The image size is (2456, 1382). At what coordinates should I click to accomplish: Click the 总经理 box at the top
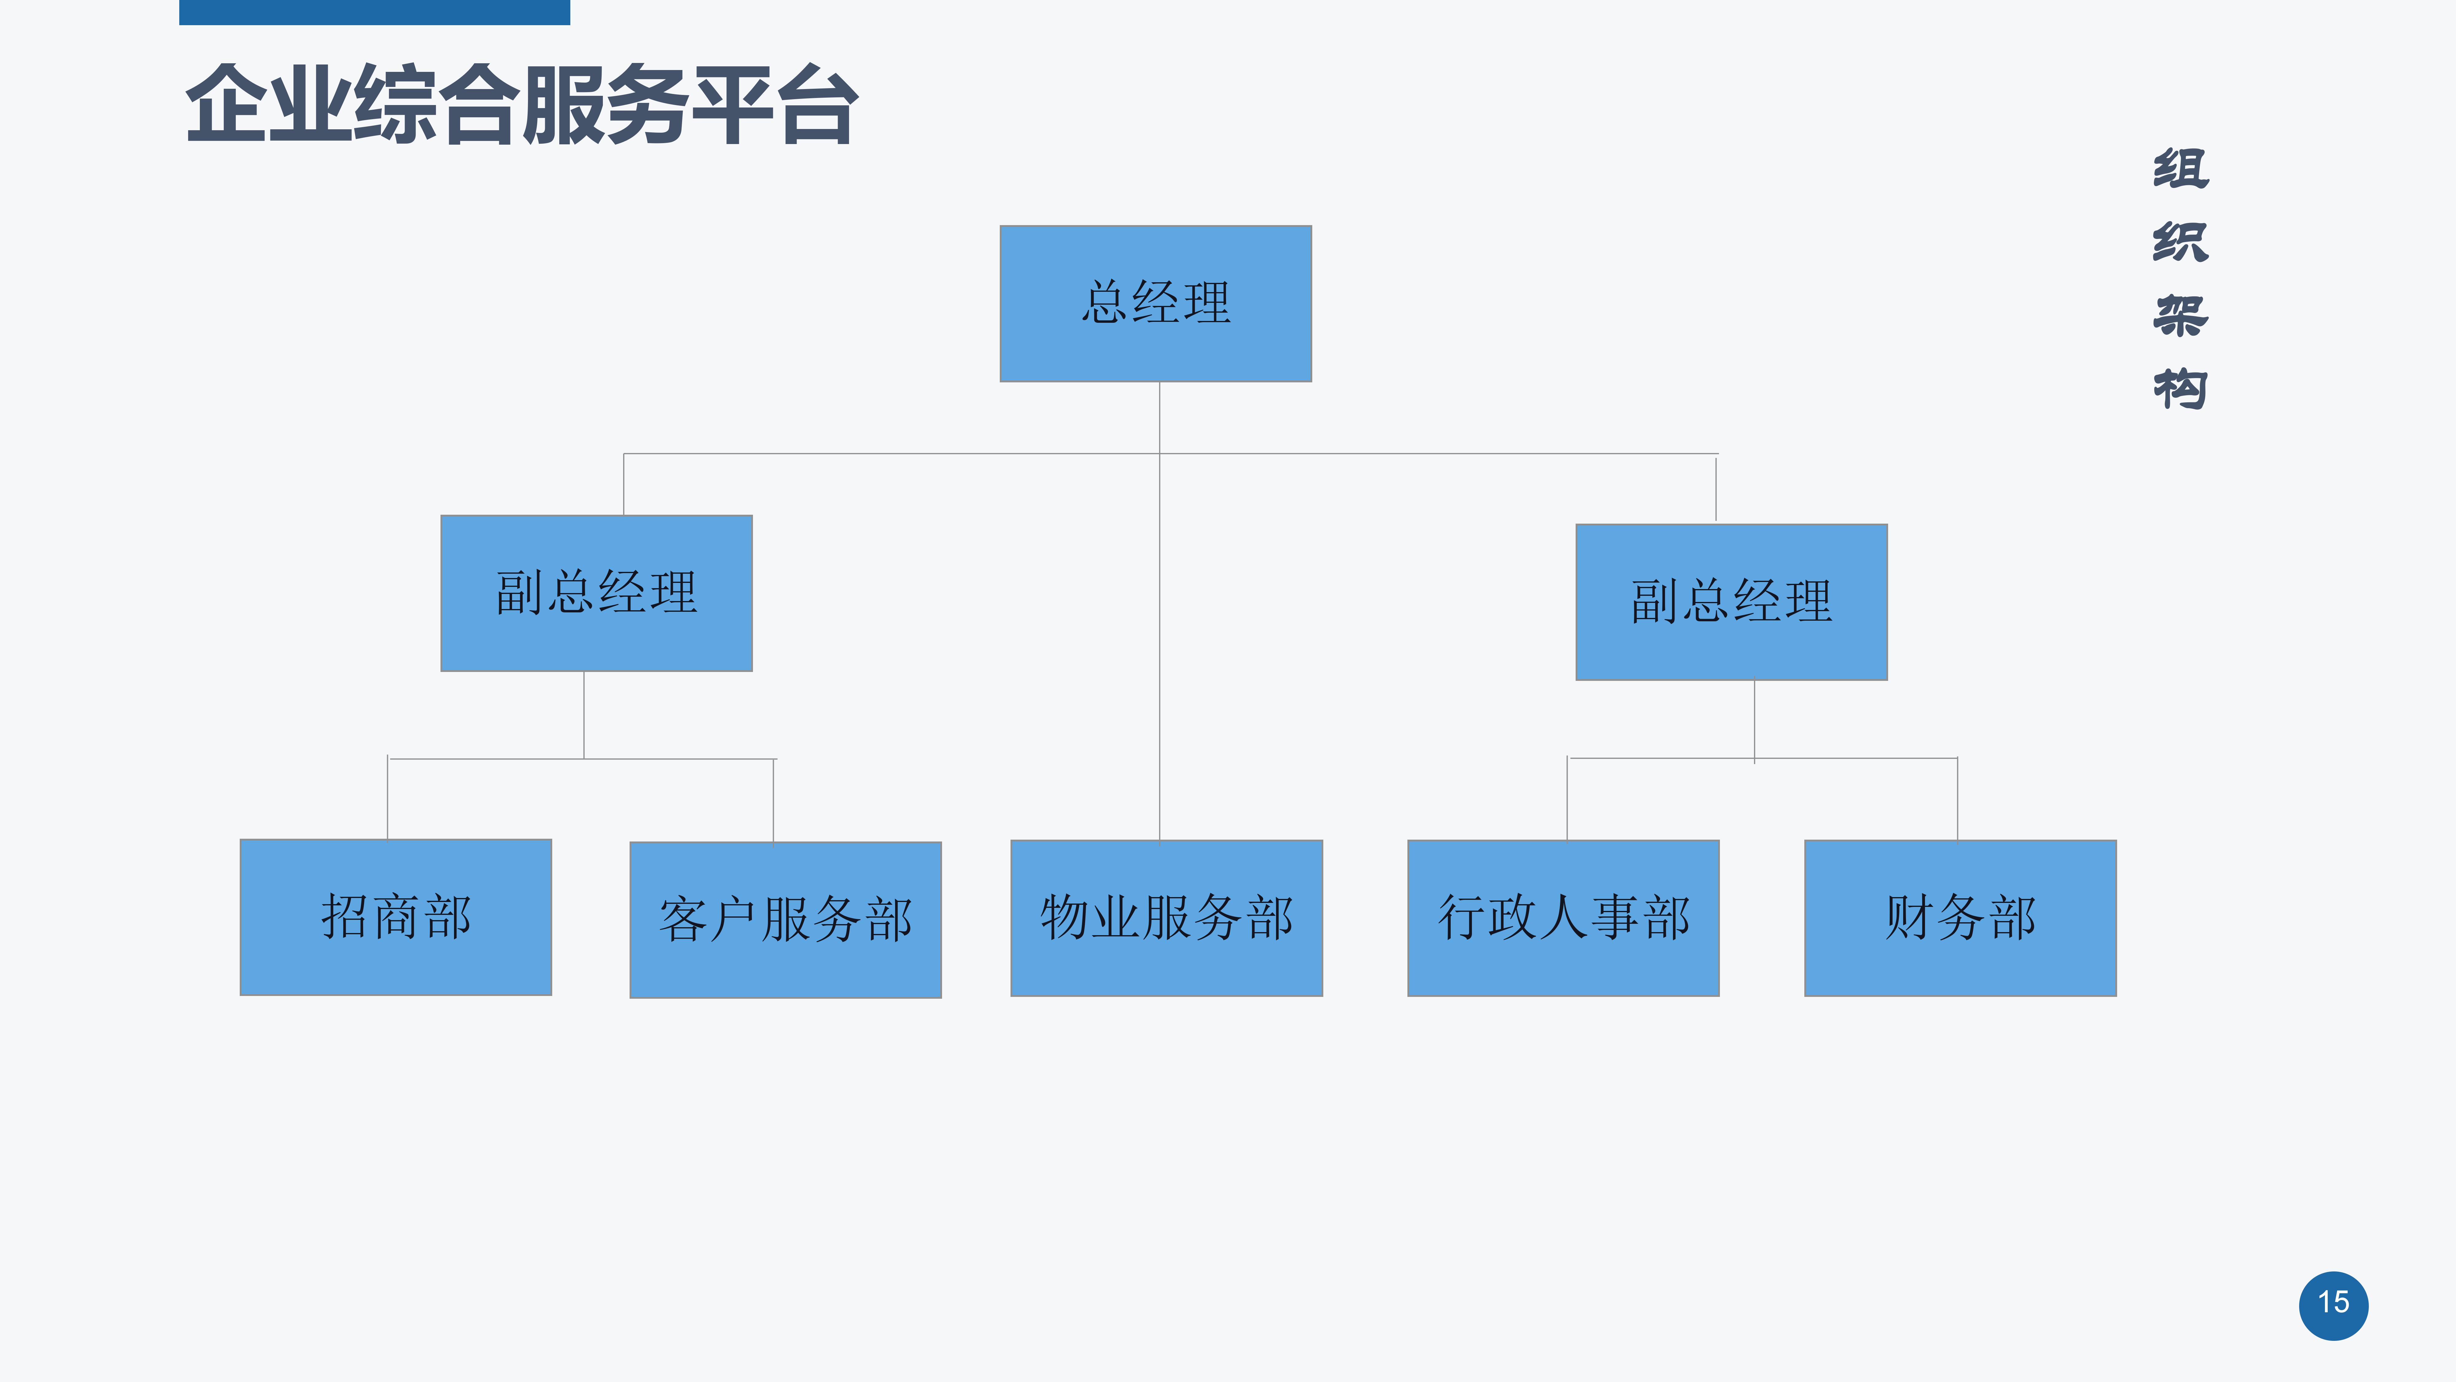coord(1155,303)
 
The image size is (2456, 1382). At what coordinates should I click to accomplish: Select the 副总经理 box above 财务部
coord(1731,602)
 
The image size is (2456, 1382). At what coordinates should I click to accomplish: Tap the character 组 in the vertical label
coord(2180,169)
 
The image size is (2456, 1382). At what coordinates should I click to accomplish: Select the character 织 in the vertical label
coord(2180,242)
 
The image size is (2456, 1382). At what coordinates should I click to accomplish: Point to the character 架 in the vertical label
coord(2180,316)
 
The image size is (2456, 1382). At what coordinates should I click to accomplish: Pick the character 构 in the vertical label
coord(2180,389)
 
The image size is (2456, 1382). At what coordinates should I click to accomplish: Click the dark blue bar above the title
coord(375,12)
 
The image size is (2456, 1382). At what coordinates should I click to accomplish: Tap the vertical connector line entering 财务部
coord(1957,799)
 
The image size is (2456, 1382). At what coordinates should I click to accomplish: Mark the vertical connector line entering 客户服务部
coord(773,800)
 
